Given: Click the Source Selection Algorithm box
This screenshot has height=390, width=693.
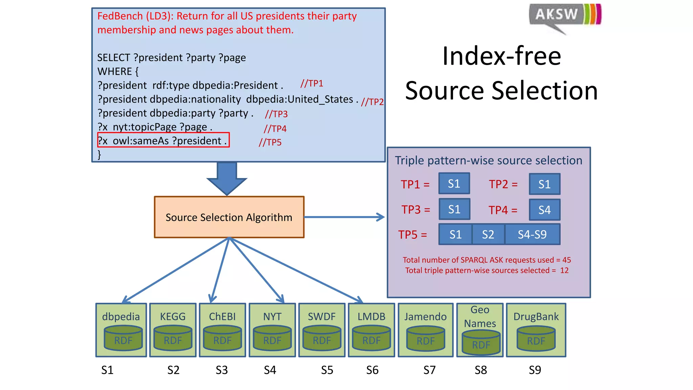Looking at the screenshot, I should pyautogui.click(x=229, y=217).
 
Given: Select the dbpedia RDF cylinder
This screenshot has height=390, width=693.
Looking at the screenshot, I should pyautogui.click(x=123, y=338).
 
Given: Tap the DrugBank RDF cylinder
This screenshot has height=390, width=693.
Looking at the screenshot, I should pyautogui.click(x=536, y=339).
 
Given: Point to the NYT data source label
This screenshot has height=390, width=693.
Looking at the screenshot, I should pyautogui.click(x=272, y=317).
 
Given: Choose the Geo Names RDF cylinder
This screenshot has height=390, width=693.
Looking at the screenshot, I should pyautogui.click(x=481, y=343).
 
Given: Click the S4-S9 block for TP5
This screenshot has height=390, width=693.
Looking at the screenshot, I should pyautogui.click(x=532, y=234).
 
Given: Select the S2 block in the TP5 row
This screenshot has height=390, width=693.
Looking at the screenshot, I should pyautogui.click(x=488, y=234).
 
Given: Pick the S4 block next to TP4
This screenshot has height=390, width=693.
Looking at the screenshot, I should pyautogui.click(x=544, y=210).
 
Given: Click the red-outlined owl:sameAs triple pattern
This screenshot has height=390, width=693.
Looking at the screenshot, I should pyautogui.click(x=163, y=140).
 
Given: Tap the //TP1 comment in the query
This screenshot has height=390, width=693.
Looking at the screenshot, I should pyautogui.click(x=312, y=84).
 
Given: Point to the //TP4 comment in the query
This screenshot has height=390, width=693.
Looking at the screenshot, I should pyautogui.click(x=275, y=129).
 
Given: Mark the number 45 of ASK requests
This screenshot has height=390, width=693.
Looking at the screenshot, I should pyautogui.click(x=566, y=260).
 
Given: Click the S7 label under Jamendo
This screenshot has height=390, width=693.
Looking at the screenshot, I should pyautogui.click(x=429, y=370).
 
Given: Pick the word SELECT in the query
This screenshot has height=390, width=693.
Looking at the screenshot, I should pyautogui.click(x=114, y=58).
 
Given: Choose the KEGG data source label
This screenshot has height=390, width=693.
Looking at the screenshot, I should pyautogui.click(x=173, y=317).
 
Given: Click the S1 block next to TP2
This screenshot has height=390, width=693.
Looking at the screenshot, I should pyautogui.click(x=544, y=184).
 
